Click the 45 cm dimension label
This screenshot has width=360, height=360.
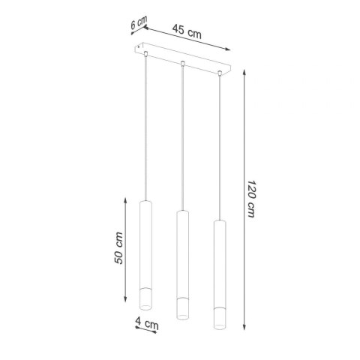[x=187, y=31]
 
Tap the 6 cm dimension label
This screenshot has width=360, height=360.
[x=136, y=24]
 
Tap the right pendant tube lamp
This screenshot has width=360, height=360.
[x=218, y=274]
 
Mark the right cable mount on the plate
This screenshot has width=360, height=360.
[x=220, y=73]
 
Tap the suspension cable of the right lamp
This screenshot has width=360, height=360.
[x=219, y=146]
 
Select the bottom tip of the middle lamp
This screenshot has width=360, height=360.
[x=181, y=318]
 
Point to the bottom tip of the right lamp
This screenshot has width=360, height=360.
[x=218, y=328]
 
